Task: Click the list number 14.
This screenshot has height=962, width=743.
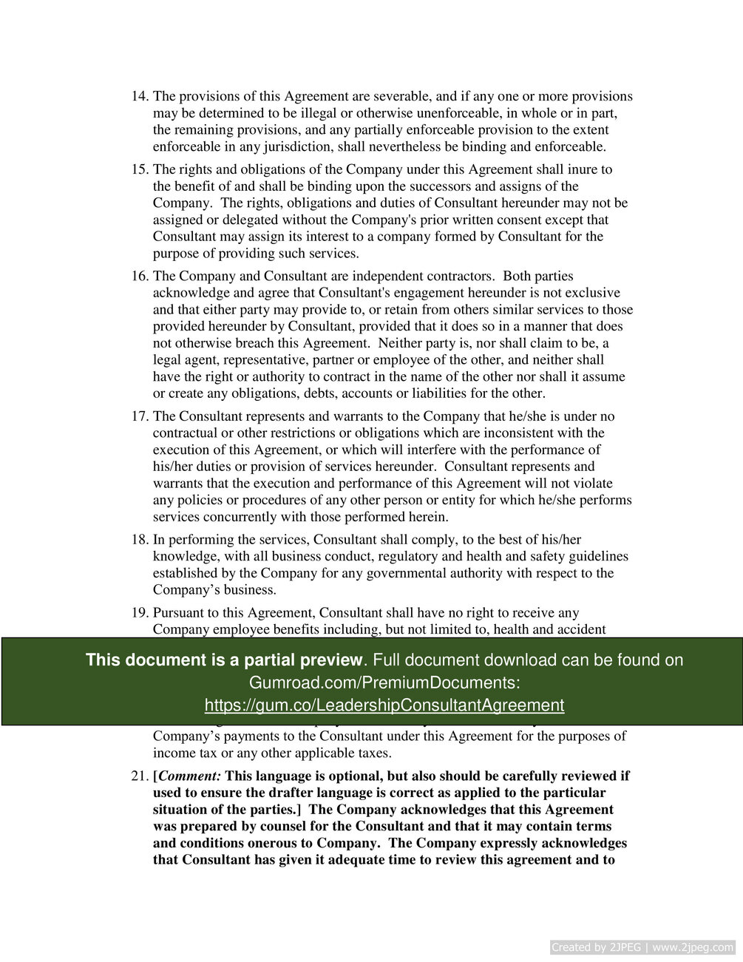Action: pyautogui.click(x=140, y=97)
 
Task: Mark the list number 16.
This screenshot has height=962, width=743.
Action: pyautogui.click(x=140, y=277)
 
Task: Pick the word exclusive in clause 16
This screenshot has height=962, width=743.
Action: pyautogui.click(x=592, y=293)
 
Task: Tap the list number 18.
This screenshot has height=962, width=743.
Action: pyautogui.click(x=140, y=540)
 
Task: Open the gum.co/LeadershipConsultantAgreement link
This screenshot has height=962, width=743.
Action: pyautogui.click(x=384, y=705)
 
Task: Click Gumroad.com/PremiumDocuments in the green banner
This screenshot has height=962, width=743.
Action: pyautogui.click(x=384, y=682)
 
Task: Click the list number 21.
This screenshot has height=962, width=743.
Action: pyautogui.click(x=140, y=776)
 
